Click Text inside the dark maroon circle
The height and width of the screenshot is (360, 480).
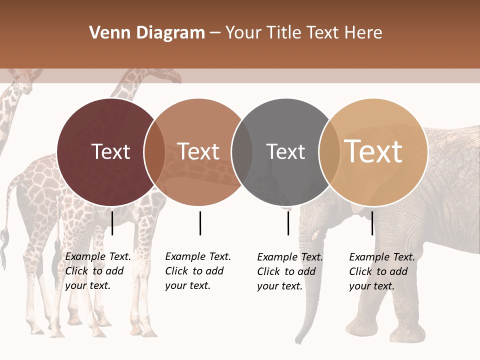coord(110,151)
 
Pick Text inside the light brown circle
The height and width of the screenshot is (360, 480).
coord(198,151)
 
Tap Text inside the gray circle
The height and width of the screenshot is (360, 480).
coord(285,151)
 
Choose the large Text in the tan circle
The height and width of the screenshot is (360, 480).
coord(373,151)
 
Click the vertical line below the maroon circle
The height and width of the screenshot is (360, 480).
coord(112,223)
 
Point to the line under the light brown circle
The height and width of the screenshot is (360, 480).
coord(200,223)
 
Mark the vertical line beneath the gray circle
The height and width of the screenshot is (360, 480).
coord(288,223)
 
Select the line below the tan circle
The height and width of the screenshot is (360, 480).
coord(372,223)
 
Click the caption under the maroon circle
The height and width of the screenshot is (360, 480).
coord(97,271)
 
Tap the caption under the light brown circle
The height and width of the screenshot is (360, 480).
coord(197,271)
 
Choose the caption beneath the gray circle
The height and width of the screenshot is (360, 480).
coord(289,271)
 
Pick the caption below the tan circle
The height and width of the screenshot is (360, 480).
coord(381,271)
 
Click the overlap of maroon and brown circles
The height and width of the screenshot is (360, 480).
coord(154,152)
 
